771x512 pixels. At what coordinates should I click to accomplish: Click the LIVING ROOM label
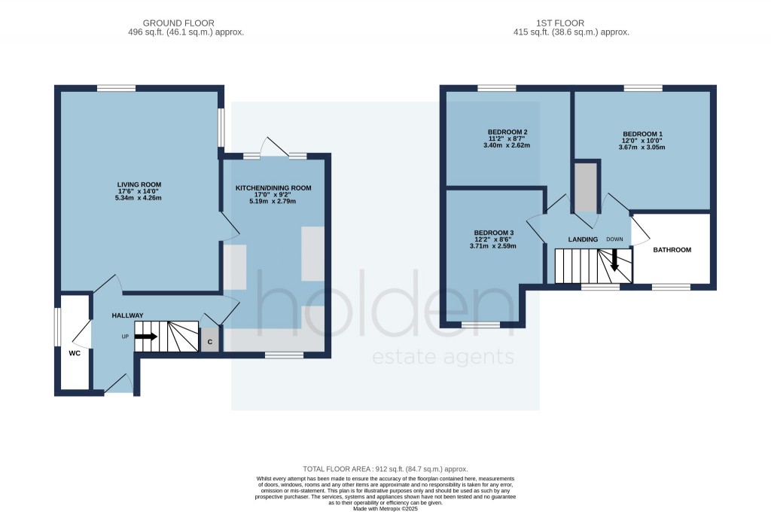coord(139,184)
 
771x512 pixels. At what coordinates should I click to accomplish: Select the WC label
coord(75,352)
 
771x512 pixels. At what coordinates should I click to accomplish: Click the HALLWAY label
coord(127,315)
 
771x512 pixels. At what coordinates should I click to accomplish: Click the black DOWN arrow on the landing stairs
coord(614,261)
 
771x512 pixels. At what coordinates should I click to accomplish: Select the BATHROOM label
coord(672,249)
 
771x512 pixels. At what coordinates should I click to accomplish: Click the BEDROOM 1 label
coord(642,133)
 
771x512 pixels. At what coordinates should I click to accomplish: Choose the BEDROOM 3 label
coord(493,232)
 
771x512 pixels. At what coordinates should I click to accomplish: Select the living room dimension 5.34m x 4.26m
coord(139,199)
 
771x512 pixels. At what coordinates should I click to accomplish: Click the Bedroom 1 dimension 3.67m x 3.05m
coord(642,148)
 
